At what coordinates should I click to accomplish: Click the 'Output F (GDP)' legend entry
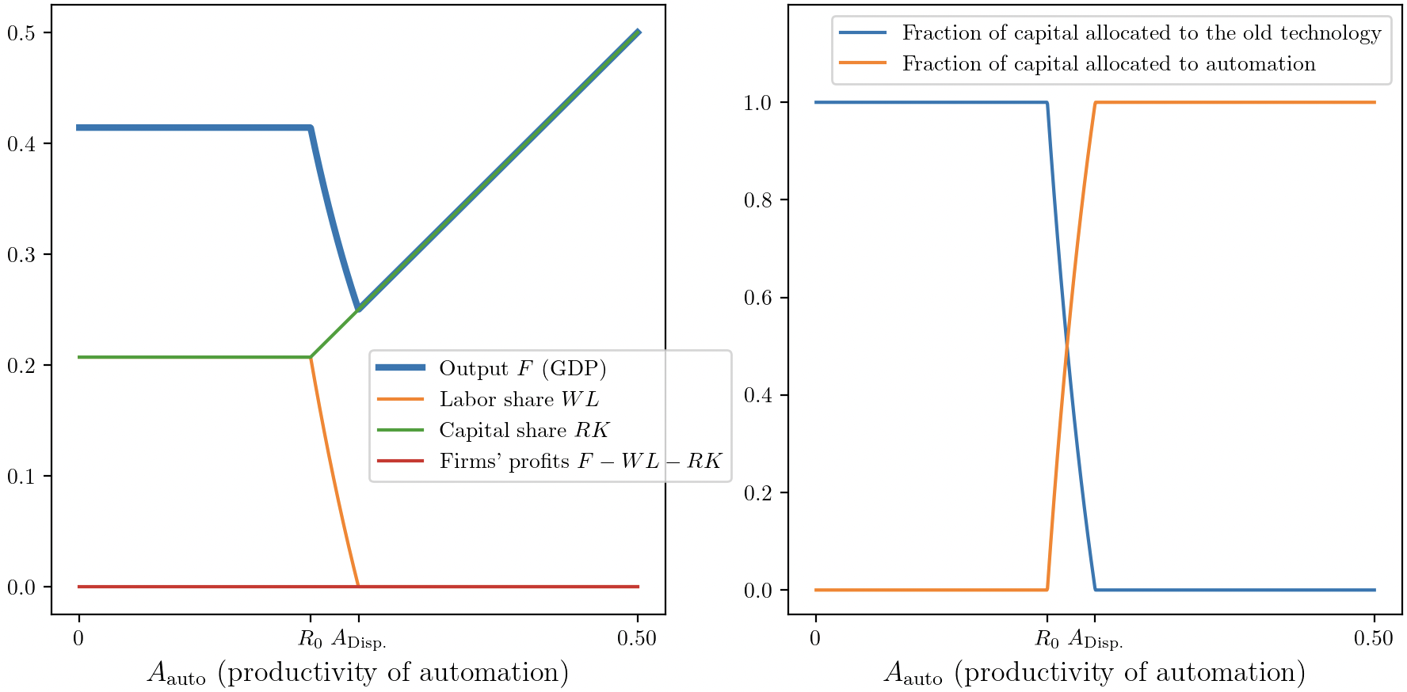tap(522, 369)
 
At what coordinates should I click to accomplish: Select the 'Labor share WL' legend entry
tap(519, 400)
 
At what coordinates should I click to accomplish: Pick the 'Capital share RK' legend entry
tap(524, 431)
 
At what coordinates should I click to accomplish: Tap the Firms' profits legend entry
tap(580, 462)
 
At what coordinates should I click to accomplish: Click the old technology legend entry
tap(1141, 33)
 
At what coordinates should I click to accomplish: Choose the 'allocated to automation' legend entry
tap(1108, 64)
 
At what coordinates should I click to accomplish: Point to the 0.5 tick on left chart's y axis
tap(21, 32)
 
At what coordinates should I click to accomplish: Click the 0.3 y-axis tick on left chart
tap(21, 254)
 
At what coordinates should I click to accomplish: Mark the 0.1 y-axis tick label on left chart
tap(21, 476)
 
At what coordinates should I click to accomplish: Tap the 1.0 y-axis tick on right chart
tap(758, 102)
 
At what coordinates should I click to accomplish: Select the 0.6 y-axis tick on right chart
tap(758, 298)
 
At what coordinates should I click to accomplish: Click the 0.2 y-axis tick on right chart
tap(758, 492)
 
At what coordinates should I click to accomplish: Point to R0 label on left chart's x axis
tap(311, 639)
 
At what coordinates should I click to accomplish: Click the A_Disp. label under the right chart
tap(1095, 639)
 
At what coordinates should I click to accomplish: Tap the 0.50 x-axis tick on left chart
tap(637, 638)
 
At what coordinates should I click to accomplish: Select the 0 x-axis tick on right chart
tap(815, 638)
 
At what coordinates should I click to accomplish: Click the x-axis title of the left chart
tap(358, 673)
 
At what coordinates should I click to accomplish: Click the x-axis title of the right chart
tap(1095, 673)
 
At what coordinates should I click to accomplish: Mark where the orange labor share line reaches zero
tap(358, 586)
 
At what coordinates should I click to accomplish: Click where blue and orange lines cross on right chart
tap(1067, 346)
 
